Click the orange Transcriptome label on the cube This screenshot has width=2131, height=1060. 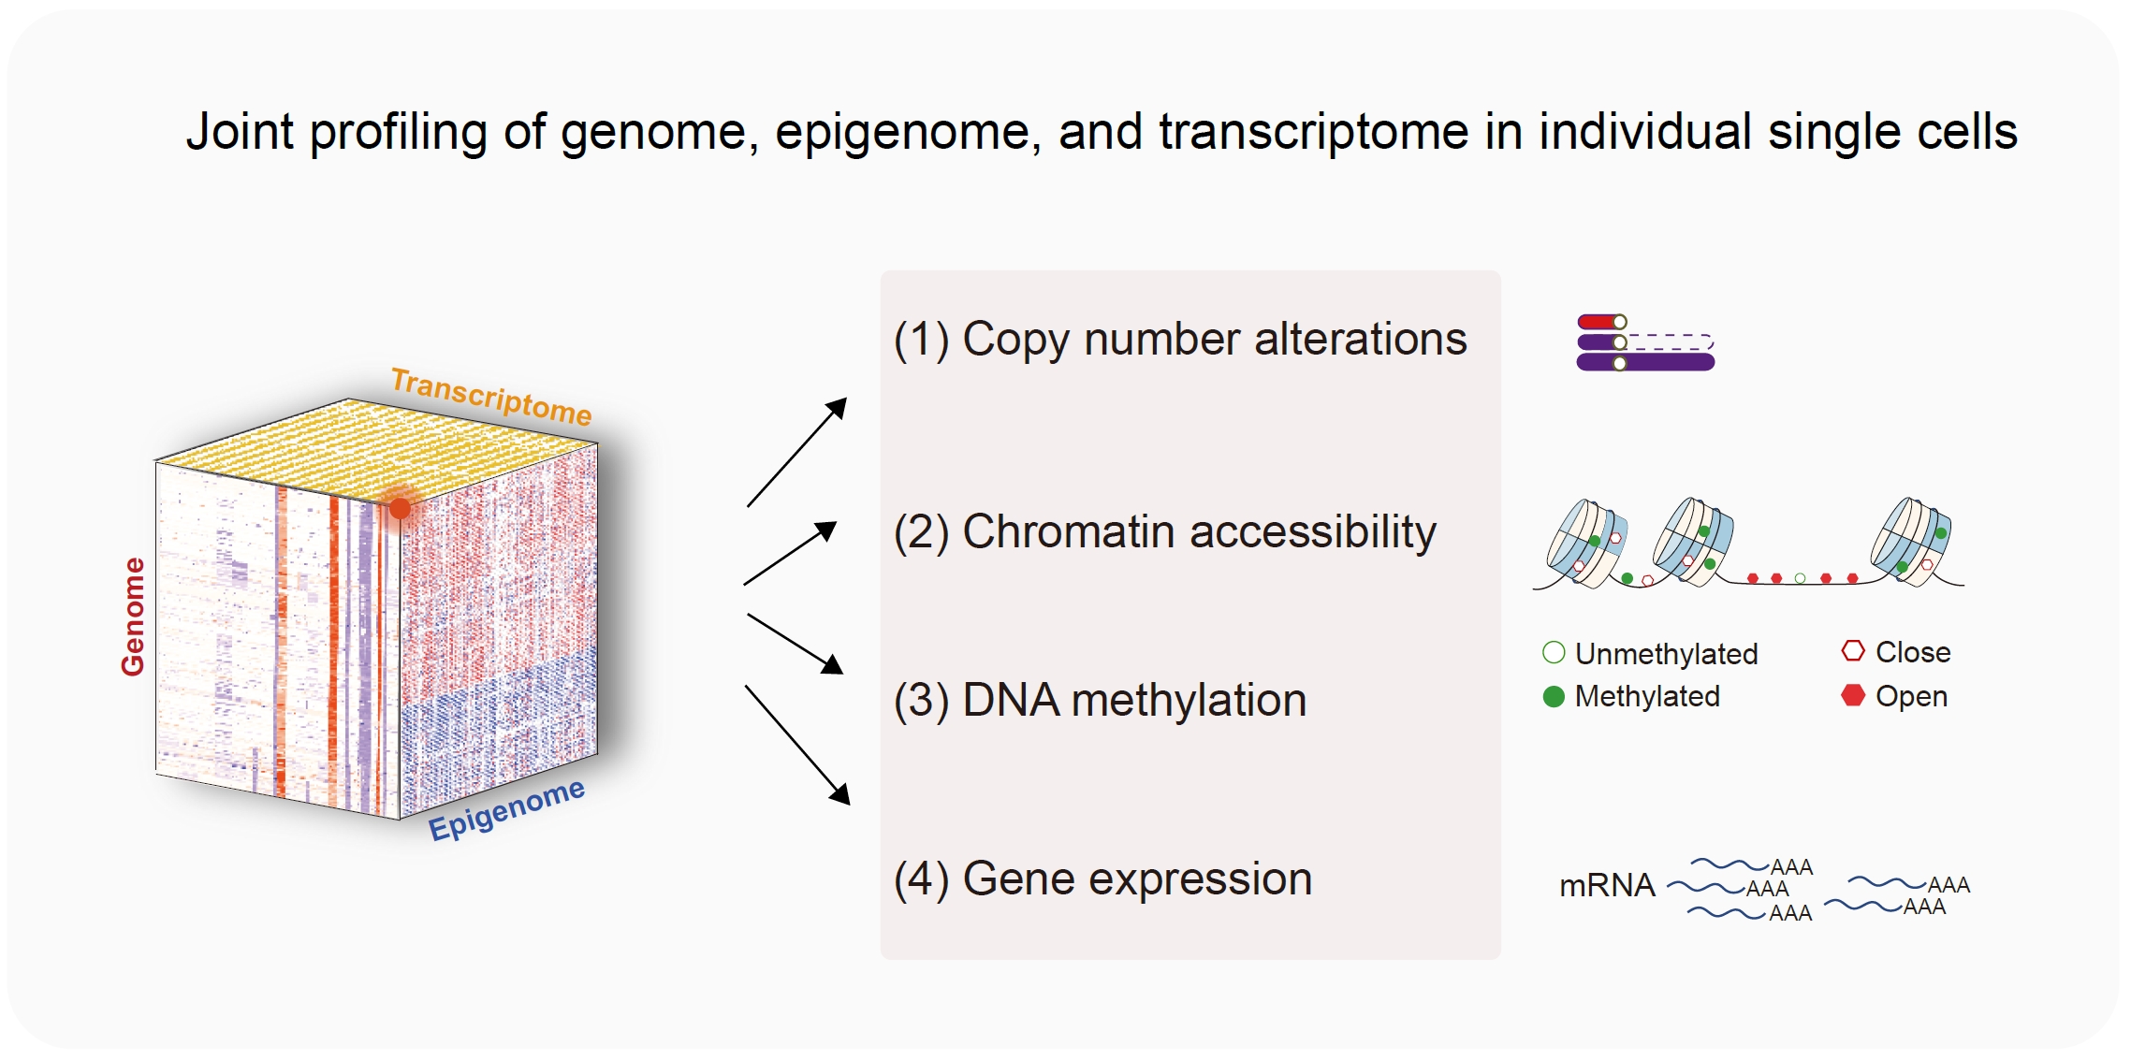pyautogui.click(x=491, y=397)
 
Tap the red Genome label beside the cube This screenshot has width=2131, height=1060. pyautogui.click(x=133, y=617)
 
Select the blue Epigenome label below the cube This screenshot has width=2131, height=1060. pyautogui.click(x=506, y=808)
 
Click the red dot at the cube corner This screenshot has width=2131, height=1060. pyautogui.click(x=400, y=508)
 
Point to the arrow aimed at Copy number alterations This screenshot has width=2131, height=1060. pyautogui.click(x=796, y=452)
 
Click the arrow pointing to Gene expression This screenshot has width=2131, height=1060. pyautogui.click(x=797, y=745)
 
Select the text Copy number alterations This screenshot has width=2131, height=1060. pyautogui.click(x=1180, y=339)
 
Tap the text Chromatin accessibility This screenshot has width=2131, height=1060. pyautogui.click(x=1165, y=532)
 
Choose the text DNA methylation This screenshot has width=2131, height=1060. pyautogui.click(x=1100, y=700)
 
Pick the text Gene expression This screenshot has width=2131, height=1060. pyautogui.click(x=1102, y=879)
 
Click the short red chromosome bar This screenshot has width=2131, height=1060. pyautogui.click(x=1601, y=322)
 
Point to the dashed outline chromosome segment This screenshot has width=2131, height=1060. pyautogui.click(x=1671, y=342)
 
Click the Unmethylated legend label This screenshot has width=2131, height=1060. pyautogui.click(x=1666, y=653)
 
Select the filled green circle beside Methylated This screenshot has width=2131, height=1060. pyautogui.click(x=1554, y=697)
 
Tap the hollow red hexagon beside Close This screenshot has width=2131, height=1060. pyautogui.click(x=1853, y=651)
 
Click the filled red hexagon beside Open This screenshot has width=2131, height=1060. pyautogui.click(x=1853, y=695)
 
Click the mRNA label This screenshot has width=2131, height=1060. pyautogui.click(x=1607, y=885)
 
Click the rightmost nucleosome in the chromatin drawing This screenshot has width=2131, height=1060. pyautogui.click(x=1912, y=542)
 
